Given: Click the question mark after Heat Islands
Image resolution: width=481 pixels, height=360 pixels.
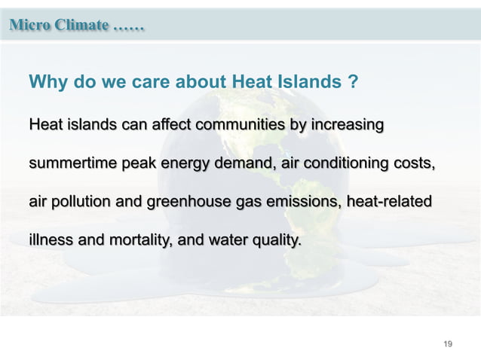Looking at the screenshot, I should pos(353,82).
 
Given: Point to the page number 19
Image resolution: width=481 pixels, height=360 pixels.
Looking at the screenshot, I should pos(448,344).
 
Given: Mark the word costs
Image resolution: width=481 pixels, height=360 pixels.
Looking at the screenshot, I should pos(415,163).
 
